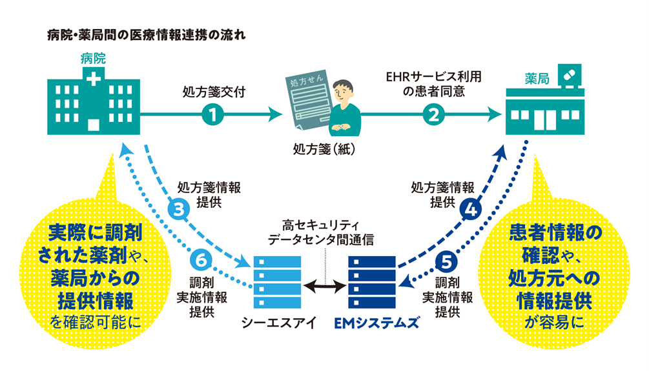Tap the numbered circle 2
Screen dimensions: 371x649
point(433,115)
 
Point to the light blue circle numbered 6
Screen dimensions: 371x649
point(201,261)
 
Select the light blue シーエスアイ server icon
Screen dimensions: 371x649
point(278,283)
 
